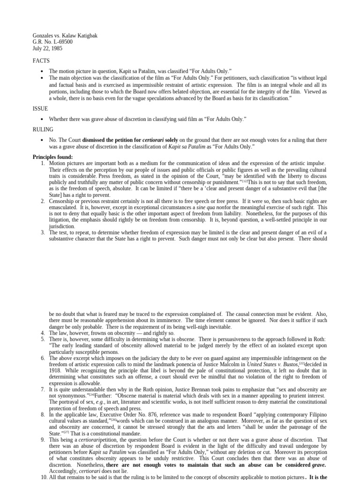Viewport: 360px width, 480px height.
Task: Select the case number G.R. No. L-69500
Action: (52, 42)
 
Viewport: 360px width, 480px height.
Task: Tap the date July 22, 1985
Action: (47, 48)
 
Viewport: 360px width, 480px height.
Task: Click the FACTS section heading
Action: (41, 61)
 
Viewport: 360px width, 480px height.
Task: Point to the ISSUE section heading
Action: (40, 108)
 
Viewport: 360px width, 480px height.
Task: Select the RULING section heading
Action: (43, 129)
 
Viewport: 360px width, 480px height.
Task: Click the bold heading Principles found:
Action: (53, 157)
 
